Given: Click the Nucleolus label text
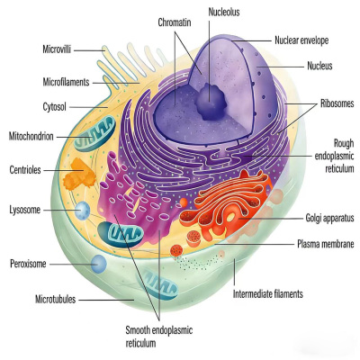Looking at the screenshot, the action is (224, 12).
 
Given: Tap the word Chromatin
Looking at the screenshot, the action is (175, 22).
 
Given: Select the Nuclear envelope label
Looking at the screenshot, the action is (301, 40).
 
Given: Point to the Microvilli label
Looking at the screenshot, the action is (57, 49).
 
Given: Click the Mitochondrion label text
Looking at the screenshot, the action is (31, 137).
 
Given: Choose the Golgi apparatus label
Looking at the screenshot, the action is (329, 218).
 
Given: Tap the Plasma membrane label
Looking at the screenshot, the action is (326, 244).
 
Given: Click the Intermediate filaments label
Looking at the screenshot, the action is (268, 293).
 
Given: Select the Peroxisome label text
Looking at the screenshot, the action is (28, 264).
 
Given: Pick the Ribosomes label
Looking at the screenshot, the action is (337, 103).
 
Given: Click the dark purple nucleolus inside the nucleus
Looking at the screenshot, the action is (211, 102).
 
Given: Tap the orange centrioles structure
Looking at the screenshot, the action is (79, 175).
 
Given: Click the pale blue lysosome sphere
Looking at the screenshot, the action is (82, 210).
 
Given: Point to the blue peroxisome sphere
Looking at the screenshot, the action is (99, 264).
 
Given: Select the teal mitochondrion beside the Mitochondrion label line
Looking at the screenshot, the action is (95, 133).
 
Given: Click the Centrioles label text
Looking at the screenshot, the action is (25, 170).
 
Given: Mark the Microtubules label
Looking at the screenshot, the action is (56, 300).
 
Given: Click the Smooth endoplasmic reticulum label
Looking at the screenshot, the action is (159, 337).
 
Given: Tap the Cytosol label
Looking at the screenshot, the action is (54, 107).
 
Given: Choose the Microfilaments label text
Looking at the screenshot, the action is (66, 82).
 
